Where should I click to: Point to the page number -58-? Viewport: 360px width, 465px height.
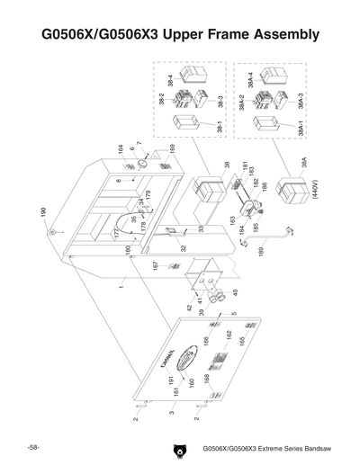coord(31,447)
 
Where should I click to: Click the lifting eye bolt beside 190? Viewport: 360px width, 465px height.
coord(54,232)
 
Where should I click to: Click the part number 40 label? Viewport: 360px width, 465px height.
coord(235,293)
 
